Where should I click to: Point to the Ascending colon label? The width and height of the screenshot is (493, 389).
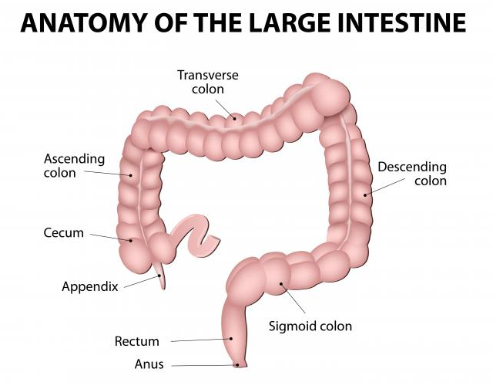pyautogui.click(x=74, y=166)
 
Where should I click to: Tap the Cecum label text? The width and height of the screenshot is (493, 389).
pyautogui.click(x=65, y=232)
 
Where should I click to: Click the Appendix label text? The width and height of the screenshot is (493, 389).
pyautogui.click(x=89, y=286)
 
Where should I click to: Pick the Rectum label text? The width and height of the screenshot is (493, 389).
pyautogui.click(x=136, y=341)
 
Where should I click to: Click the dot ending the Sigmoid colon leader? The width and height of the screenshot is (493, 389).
pyautogui.click(x=281, y=285)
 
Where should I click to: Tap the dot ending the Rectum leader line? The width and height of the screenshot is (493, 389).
pyautogui.click(x=231, y=338)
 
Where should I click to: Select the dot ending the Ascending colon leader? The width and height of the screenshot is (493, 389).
pyautogui.click(x=131, y=176)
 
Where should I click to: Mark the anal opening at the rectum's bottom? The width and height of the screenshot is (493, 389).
pyautogui.click(x=239, y=364)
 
